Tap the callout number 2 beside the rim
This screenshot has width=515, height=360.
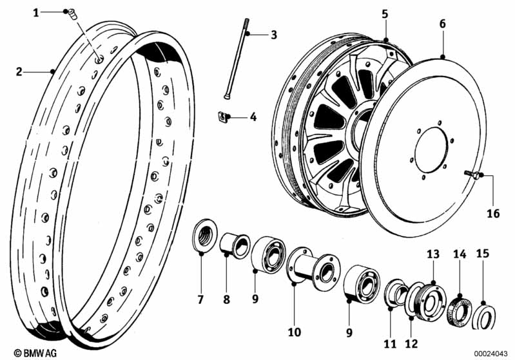[19, 72]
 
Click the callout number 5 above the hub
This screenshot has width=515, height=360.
[385, 14]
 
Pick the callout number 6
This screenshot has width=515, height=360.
[442, 23]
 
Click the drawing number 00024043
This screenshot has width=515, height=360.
[492, 353]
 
